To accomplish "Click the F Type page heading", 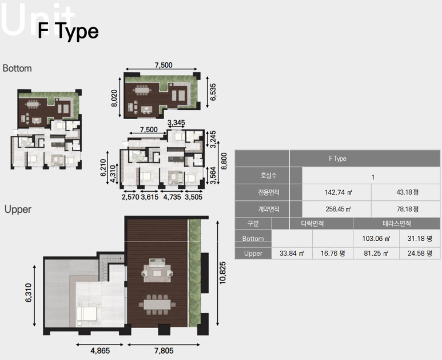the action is (68, 31).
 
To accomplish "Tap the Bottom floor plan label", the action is (17, 68).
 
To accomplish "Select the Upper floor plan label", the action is (18, 209).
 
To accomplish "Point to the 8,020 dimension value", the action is (114, 98).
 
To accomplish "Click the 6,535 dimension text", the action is (213, 92).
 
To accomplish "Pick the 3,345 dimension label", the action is (176, 122).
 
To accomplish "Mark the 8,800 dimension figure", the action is (224, 161).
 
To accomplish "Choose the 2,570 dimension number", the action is (130, 197).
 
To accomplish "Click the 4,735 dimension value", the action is (172, 197).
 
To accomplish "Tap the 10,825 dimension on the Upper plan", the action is (222, 273).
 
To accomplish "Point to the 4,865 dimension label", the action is (100, 351).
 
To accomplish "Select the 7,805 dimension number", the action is (164, 351).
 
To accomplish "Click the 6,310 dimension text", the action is (29, 293).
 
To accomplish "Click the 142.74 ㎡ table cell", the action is (339, 192).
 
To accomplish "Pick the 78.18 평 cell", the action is (407, 209).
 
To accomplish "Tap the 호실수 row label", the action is (268, 176).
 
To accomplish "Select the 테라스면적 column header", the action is (397, 224).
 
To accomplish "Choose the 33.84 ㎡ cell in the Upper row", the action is (292, 254).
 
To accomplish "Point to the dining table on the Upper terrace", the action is (157, 304).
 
